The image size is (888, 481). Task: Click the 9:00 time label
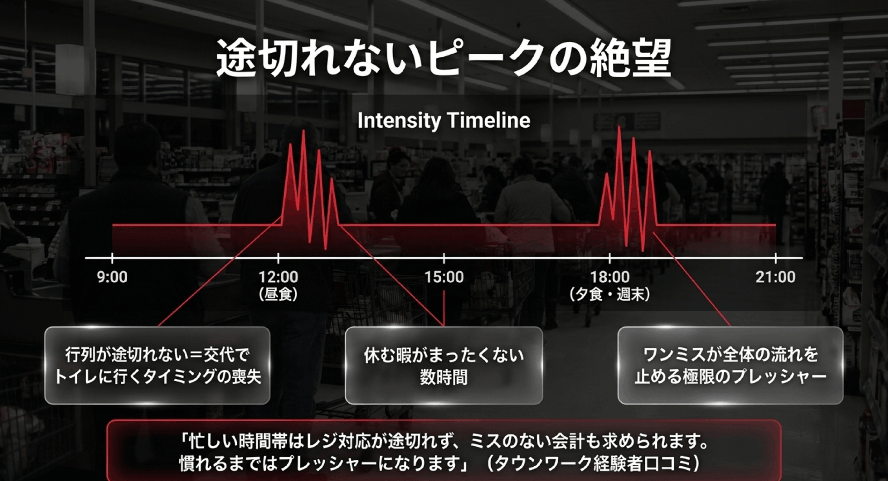[x=112, y=277]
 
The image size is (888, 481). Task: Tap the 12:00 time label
[x=278, y=277]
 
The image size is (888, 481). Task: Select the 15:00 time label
[x=444, y=277]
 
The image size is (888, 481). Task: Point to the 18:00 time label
[x=610, y=277]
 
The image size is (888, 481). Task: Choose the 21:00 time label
[x=776, y=277]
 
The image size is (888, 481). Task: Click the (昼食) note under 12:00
[x=278, y=295]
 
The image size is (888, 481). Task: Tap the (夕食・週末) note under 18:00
[x=610, y=295]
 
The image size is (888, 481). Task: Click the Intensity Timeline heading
[x=444, y=121]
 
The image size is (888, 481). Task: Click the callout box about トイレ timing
[x=157, y=365]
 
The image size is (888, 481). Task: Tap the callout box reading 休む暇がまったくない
[x=444, y=365]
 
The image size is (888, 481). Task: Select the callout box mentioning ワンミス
[x=731, y=365]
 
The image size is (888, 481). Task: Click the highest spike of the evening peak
[x=619, y=127]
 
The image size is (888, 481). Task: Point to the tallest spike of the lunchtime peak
[x=303, y=131]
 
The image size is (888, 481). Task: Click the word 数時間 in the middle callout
[x=444, y=377]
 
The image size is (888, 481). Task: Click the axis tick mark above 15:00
[x=444, y=258]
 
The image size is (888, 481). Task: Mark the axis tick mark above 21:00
[x=776, y=258]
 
